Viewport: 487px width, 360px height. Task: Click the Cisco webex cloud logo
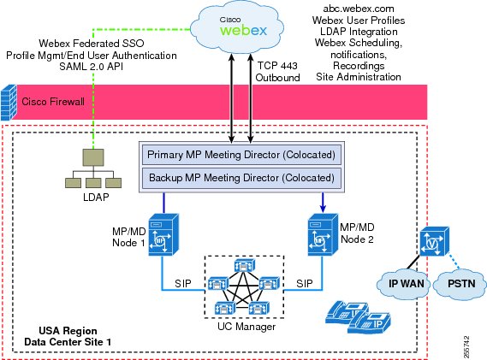237,28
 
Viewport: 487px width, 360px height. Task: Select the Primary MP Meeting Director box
241,155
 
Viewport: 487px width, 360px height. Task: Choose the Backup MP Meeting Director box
241,178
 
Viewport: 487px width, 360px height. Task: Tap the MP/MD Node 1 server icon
163,234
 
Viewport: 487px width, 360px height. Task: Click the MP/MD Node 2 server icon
323,234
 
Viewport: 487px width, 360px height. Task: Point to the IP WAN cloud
404,284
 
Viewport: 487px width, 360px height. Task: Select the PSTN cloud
460,284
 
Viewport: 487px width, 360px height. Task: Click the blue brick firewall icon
9,103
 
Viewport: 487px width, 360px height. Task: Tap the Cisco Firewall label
53,102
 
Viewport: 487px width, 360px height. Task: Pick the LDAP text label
96,197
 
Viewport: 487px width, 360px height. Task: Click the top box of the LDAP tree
93,157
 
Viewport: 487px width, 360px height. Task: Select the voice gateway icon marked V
435,241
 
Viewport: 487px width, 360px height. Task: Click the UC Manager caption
246,327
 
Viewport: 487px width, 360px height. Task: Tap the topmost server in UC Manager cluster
245,266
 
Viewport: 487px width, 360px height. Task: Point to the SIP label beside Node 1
183,283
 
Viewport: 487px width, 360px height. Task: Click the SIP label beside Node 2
305,283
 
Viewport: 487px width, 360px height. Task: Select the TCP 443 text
277,66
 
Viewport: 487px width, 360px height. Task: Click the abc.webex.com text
359,9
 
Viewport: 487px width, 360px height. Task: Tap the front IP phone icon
369,322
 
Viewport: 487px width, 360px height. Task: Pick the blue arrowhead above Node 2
323,209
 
